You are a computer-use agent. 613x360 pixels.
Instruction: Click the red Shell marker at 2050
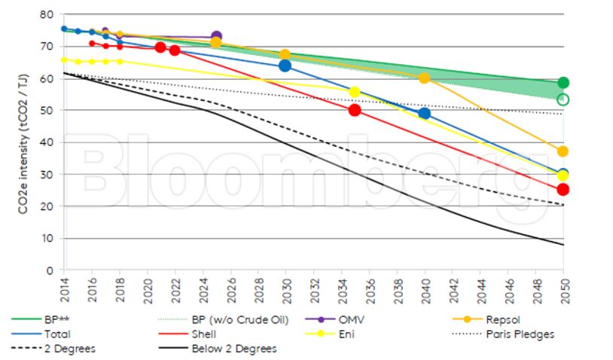pos(563,189)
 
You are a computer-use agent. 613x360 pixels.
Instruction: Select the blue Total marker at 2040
pos(424,113)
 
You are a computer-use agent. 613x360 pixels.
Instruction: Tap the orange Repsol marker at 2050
pos(563,151)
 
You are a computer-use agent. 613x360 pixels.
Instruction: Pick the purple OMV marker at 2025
pos(216,36)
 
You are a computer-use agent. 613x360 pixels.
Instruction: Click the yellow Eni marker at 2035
pos(355,92)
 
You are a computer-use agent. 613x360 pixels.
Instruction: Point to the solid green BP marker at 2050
pos(563,82)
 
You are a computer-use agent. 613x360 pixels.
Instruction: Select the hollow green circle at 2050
pos(563,99)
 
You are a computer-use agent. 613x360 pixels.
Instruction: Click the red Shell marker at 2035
pos(355,110)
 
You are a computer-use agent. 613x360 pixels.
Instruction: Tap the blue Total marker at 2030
pos(285,66)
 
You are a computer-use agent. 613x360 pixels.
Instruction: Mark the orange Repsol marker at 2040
pos(424,78)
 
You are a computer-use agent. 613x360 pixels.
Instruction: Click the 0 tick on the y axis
pos(50,270)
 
